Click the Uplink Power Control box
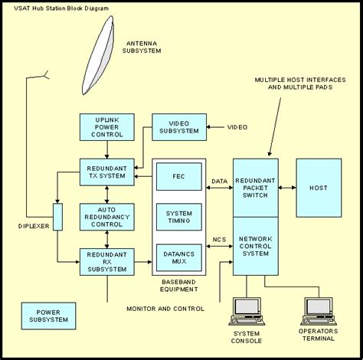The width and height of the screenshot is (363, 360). click(106, 126)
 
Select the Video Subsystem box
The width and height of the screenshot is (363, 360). click(179, 126)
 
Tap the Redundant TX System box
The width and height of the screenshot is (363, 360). click(106, 172)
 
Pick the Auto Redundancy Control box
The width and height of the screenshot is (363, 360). click(106, 217)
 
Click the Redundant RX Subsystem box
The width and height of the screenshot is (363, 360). click(106, 262)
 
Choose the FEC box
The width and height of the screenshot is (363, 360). click(178, 176)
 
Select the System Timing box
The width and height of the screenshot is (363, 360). click(178, 217)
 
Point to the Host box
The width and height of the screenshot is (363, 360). click(319, 188)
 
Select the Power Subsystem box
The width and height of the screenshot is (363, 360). click(48, 314)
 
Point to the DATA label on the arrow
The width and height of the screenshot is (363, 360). click(219, 182)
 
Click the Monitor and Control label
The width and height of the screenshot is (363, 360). click(165, 308)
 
